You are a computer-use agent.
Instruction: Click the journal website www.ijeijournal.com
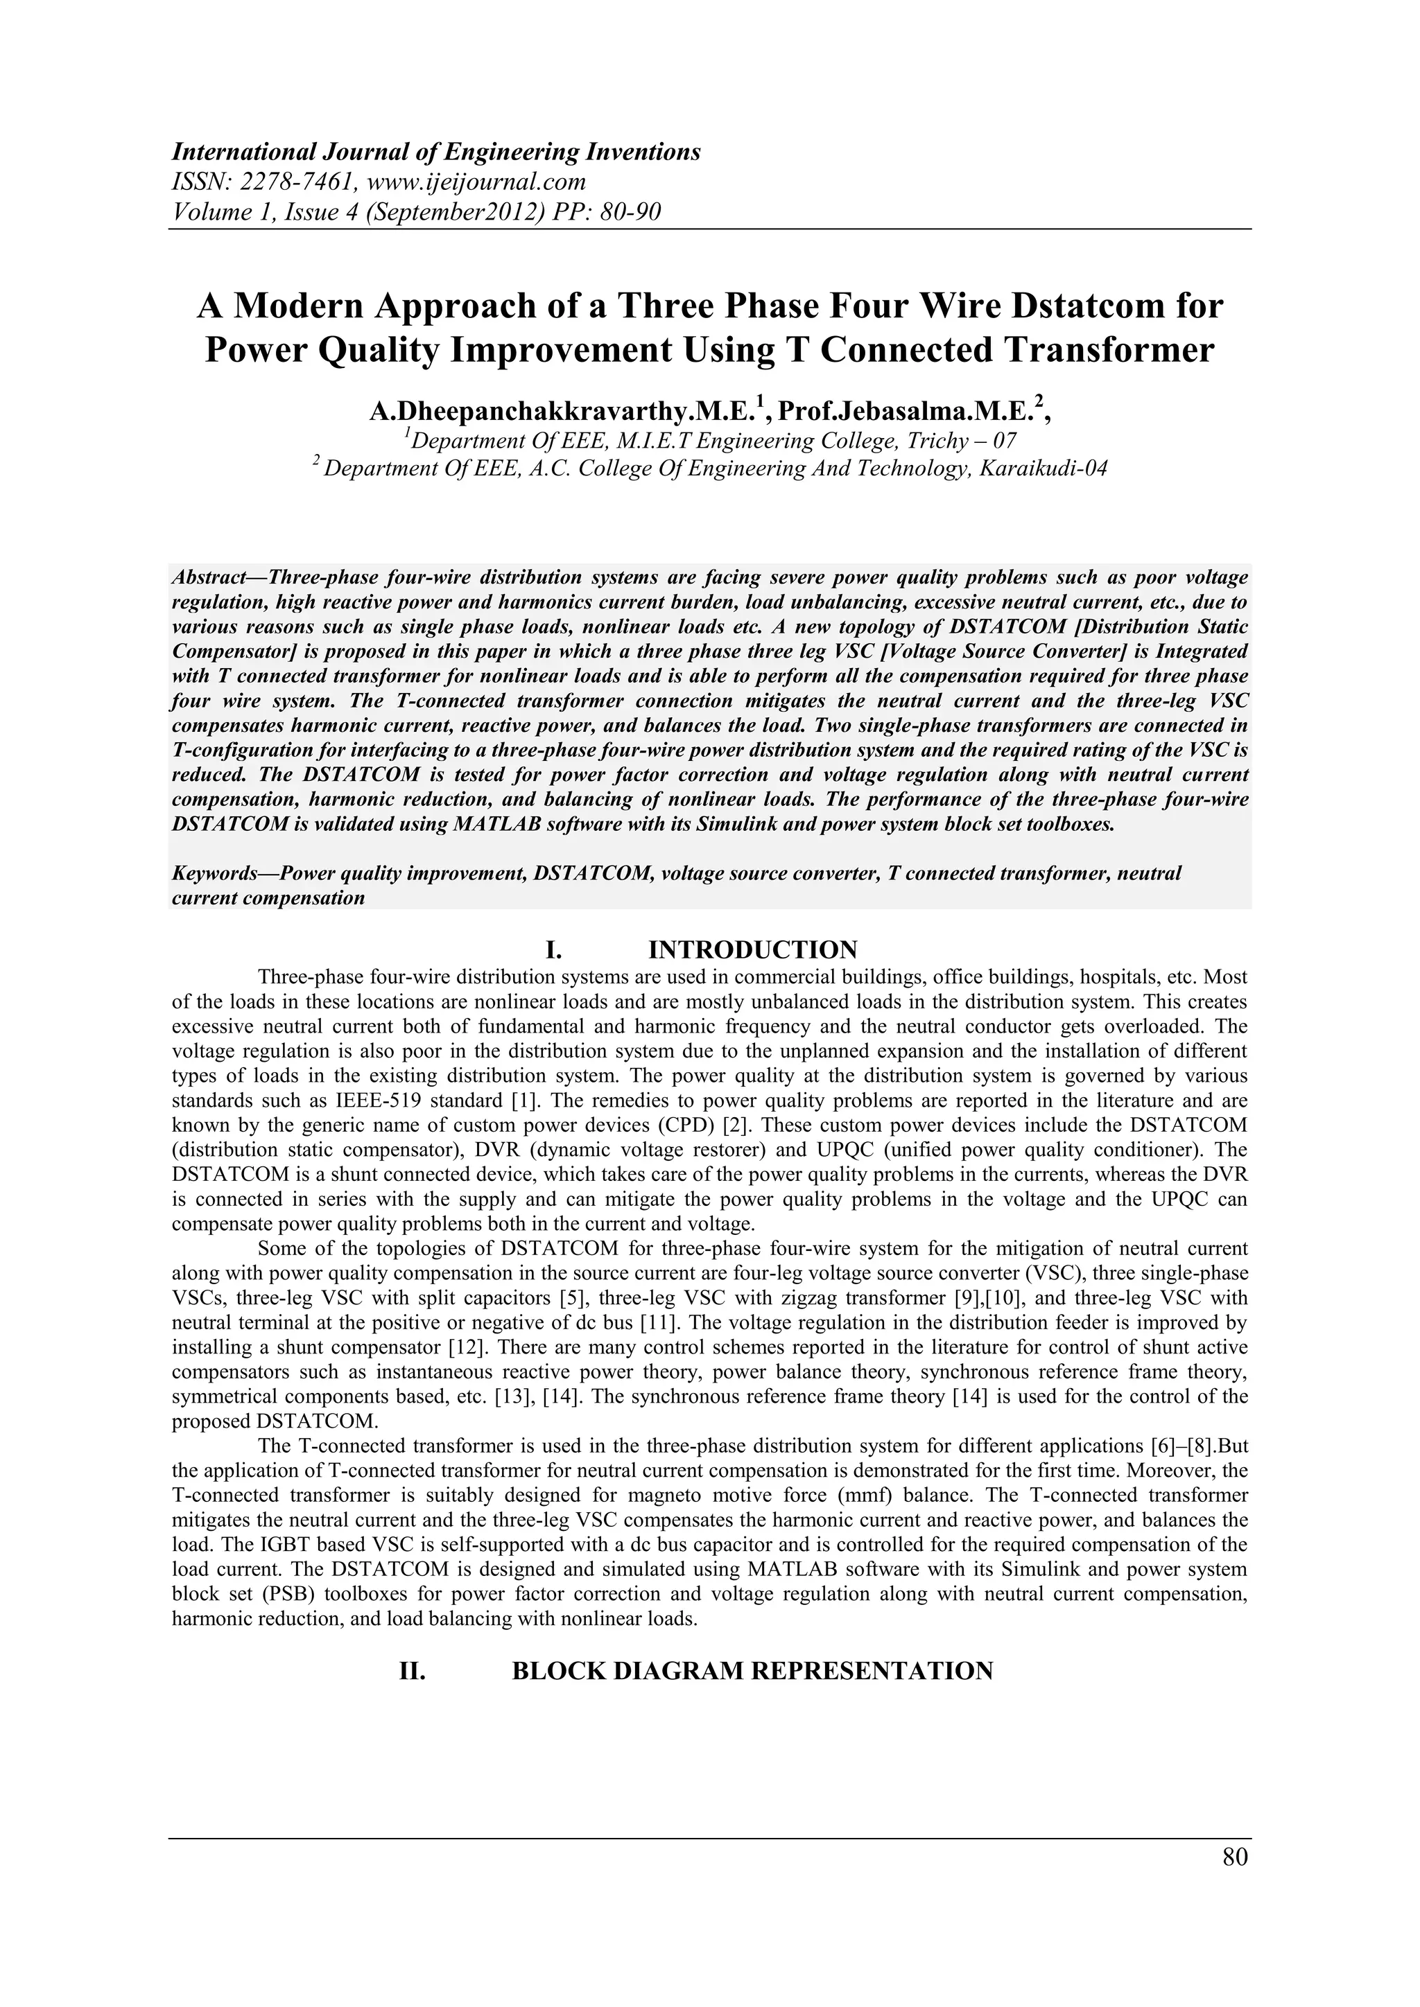[467, 182]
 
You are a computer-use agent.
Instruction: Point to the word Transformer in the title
[1105, 351]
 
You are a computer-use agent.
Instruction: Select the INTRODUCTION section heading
[752, 949]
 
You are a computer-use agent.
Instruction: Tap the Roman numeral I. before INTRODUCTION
[553, 949]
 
